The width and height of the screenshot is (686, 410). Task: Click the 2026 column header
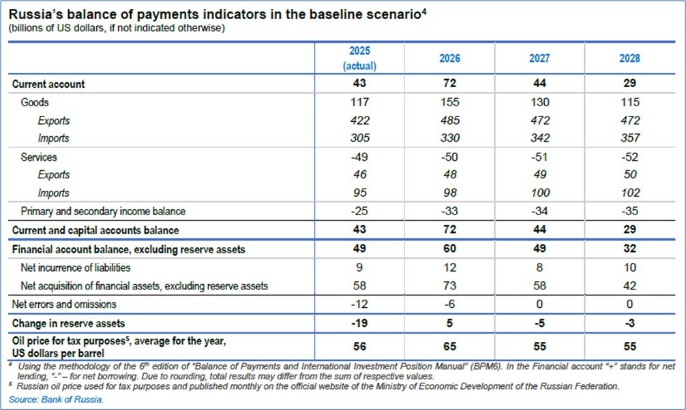(x=450, y=59)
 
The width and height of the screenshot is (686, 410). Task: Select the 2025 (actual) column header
(x=360, y=59)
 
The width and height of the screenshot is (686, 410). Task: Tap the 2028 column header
(x=630, y=59)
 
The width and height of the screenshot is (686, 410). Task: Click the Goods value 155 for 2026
(x=450, y=103)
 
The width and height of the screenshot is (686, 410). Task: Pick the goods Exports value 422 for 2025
(x=360, y=121)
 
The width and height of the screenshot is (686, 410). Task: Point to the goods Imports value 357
(x=630, y=139)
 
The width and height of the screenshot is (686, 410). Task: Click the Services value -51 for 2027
(x=540, y=157)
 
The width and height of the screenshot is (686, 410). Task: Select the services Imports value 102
(x=630, y=193)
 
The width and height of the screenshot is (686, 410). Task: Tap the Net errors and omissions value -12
(x=360, y=304)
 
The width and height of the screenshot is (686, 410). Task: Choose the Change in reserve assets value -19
(x=360, y=323)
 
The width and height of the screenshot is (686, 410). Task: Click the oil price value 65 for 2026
(x=450, y=346)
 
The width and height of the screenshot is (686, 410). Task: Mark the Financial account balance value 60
(x=450, y=250)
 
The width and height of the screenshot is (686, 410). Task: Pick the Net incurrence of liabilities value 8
(x=540, y=268)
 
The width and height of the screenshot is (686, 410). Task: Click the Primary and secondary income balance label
(x=103, y=211)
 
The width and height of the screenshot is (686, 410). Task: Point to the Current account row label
(x=48, y=84)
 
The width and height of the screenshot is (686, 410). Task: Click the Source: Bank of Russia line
(x=57, y=400)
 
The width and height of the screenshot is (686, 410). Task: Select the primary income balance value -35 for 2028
(x=630, y=211)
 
